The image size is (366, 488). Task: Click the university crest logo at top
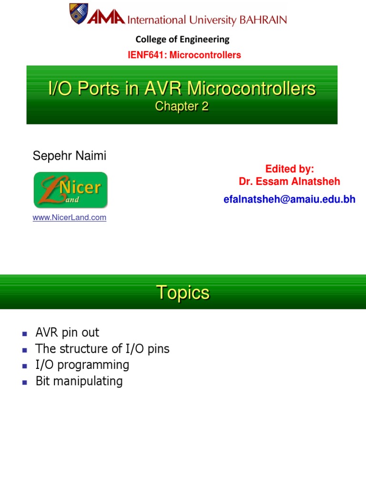click(79, 14)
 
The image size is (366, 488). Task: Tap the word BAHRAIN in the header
click(264, 20)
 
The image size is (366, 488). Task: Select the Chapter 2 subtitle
click(182, 107)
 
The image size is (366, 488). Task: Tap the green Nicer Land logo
click(71, 190)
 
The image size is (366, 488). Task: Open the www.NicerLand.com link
click(69, 218)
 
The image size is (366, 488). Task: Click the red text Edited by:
click(289, 169)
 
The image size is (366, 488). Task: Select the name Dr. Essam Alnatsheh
click(289, 182)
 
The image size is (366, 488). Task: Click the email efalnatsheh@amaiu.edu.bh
click(289, 199)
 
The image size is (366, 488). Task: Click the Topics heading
click(183, 293)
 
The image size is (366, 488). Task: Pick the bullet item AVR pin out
click(67, 333)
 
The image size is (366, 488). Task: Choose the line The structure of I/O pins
click(102, 349)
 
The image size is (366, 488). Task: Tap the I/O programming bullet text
click(82, 365)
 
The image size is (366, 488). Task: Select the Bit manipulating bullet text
click(79, 381)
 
